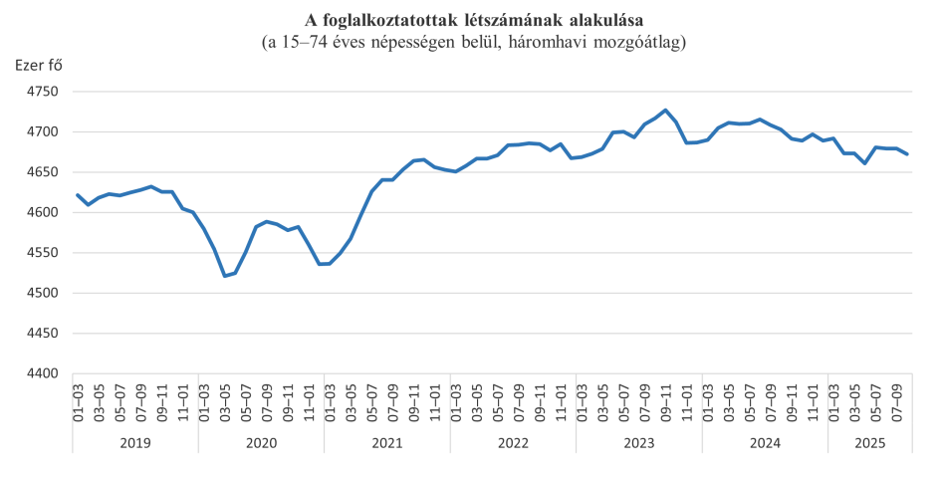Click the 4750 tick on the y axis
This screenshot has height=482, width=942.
click(x=46, y=92)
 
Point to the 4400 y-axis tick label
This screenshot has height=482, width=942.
click(x=46, y=373)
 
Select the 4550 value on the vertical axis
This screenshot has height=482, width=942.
click(x=46, y=253)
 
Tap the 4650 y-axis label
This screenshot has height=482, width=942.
click(x=46, y=172)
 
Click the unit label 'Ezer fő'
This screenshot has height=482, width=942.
click(x=40, y=66)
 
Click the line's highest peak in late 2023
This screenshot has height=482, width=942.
click(x=666, y=111)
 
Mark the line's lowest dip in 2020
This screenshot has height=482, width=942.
click(x=225, y=276)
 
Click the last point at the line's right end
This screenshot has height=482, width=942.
click(x=907, y=154)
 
